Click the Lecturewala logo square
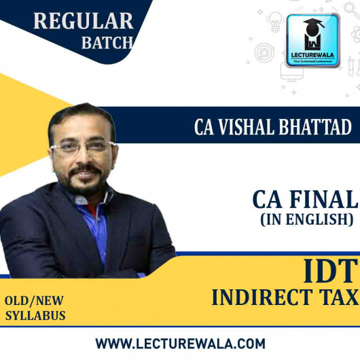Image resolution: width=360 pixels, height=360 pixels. point(313,41)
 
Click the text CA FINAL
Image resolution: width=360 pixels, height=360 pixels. point(304,200)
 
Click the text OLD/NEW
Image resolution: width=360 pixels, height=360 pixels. point(36,300)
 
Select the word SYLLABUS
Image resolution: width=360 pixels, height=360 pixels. point(36,315)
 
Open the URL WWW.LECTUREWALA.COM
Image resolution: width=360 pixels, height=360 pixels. point(180,343)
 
